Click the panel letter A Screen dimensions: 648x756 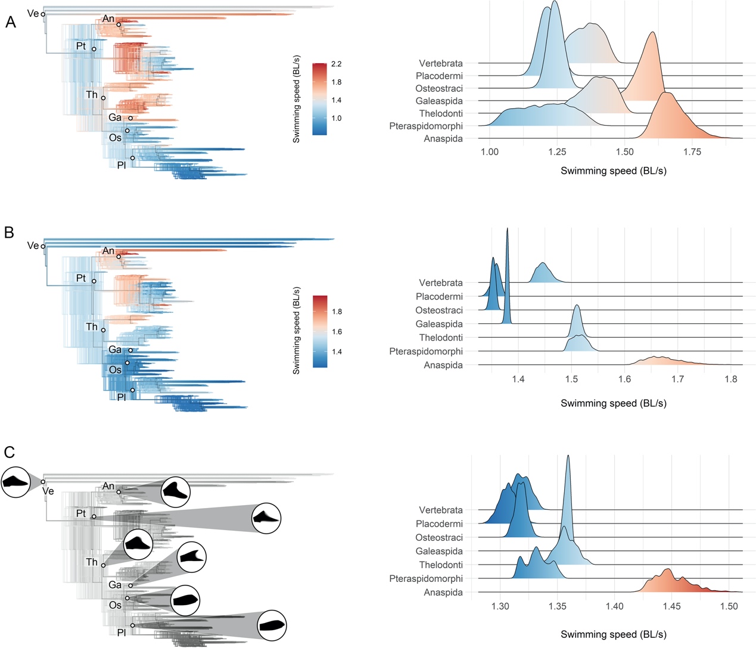pyautogui.click(x=10, y=22)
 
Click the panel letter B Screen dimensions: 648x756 pyautogui.click(x=9, y=232)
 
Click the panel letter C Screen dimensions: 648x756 pyautogui.click(x=10, y=452)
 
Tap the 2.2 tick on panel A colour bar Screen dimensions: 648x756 pyautogui.click(x=337, y=64)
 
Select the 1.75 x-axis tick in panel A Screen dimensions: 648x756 pyautogui.click(x=692, y=152)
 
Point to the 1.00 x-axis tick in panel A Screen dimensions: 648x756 pyautogui.click(x=490, y=152)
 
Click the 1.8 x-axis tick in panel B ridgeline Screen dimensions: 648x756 pyautogui.click(x=731, y=379)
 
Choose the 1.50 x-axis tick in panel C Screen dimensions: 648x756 pyautogui.click(x=729, y=606)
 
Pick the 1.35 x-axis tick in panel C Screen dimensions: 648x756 pyautogui.click(x=558, y=606)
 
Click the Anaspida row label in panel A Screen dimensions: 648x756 pyautogui.click(x=443, y=139)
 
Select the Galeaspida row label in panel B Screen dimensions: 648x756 pyautogui.click(x=439, y=324)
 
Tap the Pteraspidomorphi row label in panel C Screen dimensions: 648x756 pyautogui.click(x=426, y=578)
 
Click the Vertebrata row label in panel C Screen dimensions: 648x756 pyautogui.click(x=440, y=510)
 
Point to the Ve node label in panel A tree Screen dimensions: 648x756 pyautogui.click(x=33, y=13)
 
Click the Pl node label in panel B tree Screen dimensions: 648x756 pyautogui.click(x=121, y=397)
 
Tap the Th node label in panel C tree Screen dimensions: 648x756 pyautogui.click(x=92, y=562)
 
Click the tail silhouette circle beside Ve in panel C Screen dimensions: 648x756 pyautogui.click(x=15, y=482)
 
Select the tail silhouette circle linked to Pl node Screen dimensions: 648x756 pyautogui.click(x=272, y=625)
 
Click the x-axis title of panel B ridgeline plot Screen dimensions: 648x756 pyautogui.click(x=613, y=403)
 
